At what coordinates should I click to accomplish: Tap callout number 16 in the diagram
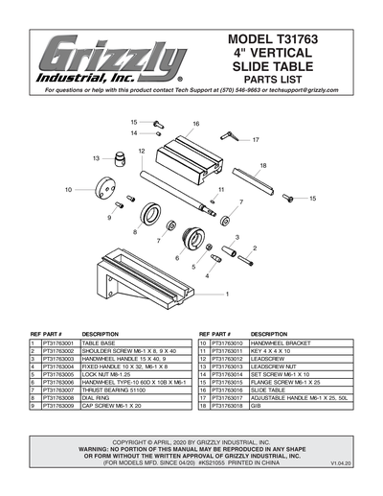(x=195, y=124)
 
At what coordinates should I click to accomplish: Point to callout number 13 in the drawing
(x=96, y=157)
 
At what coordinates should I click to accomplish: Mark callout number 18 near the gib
(x=262, y=166)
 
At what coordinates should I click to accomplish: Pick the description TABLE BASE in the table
(x=99, y=342)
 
